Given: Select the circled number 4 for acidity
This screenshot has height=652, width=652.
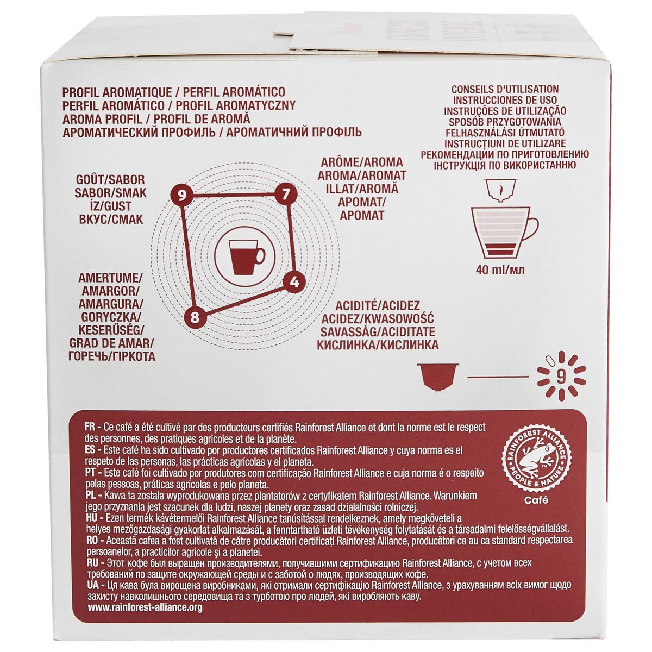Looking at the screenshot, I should tap(294, 281).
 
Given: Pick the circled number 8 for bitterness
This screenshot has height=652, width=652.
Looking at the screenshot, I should tap(195, 316).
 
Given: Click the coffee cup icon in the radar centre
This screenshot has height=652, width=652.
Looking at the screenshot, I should tap(240, 254).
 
